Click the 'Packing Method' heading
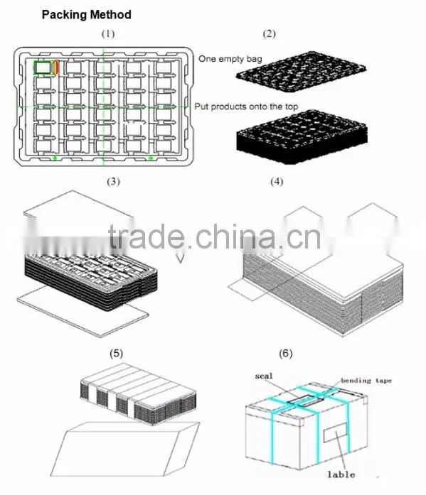coord(86,15)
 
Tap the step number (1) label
coord(108,34)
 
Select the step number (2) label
coord(270,34)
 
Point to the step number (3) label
coord(114,182)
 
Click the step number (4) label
coord(277,182)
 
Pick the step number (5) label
coord(117,353)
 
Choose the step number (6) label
coord(286,353)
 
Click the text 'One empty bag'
coord(230,59)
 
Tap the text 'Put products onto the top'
coord(246,107)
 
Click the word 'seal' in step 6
coord(264,376)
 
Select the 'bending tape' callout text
coord(366,381)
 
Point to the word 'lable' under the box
coord(341,474)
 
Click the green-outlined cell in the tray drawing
coord(43,67)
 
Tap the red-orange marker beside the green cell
coord(57,67)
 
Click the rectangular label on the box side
coord(335,433)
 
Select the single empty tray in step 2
coord(301,72)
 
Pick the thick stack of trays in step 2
coord(302,137)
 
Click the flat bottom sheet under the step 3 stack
coord(82,312)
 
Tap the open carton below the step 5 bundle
coord(125,448)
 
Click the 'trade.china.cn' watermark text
coord(215,236)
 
